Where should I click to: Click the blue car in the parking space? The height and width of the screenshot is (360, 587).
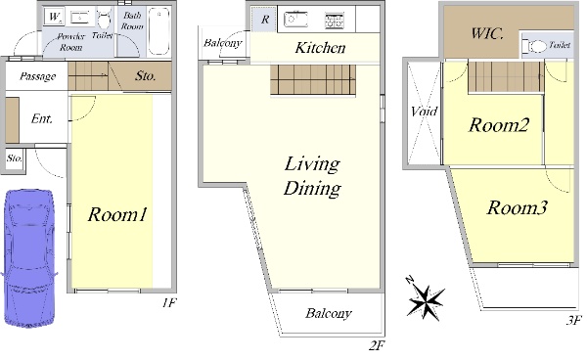(28, 258)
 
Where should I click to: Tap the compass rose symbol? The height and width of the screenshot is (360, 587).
(426, 301)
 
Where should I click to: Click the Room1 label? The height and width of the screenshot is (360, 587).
(117, 214)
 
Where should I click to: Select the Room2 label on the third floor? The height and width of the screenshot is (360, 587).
(499, 124)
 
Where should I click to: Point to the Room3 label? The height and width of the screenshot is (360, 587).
(517, 207)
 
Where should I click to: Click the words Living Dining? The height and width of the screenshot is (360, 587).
(312, 176)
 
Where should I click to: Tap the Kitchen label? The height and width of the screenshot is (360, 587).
(320, 48)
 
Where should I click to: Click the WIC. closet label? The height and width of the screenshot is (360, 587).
(486, 33)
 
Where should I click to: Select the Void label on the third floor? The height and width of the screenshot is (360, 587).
(424, 112)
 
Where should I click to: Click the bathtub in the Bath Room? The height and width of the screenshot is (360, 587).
(158, 30)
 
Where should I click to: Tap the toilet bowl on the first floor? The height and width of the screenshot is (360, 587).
(104, 20)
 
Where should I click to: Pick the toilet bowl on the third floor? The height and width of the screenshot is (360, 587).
(537, 46)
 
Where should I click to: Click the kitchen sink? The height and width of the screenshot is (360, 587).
(295, 20)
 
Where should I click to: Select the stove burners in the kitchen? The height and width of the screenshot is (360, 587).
(334, 21)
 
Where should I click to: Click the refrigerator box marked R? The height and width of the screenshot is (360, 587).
(264, 20)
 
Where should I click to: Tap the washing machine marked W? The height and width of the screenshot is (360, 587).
(54, 17)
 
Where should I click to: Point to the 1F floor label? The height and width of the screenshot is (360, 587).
(169, 302)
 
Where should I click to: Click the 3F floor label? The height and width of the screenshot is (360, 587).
(574, 320)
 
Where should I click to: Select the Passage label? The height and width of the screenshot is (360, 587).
(38, 76)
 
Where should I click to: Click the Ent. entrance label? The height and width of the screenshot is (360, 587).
(41, 118)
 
